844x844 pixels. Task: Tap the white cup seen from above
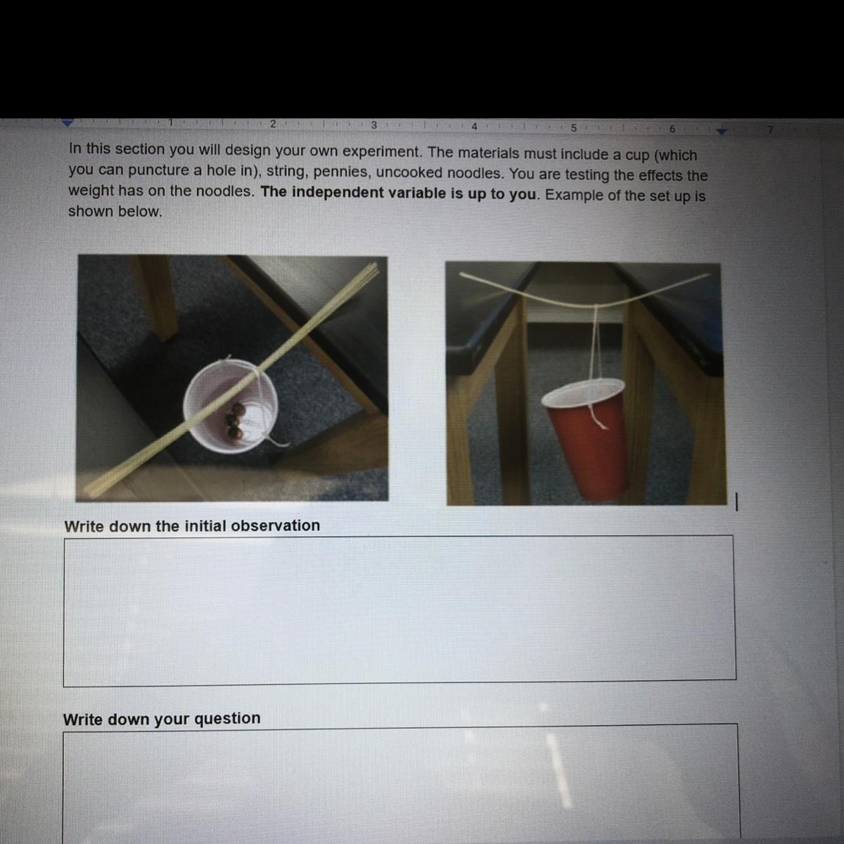click(x=231, y=406)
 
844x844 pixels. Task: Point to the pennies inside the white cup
click(x=235, y=421)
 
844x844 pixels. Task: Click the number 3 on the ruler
click(x=373, y=124)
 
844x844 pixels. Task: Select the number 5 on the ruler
click(x=574, y=128)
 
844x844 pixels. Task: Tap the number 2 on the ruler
click(x=273, y=124)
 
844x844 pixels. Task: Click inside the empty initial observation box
click(x=399, y=610)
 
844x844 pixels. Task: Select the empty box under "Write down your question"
click(x=401, y=784)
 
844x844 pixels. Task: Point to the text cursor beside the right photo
click(x=736, y=502)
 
